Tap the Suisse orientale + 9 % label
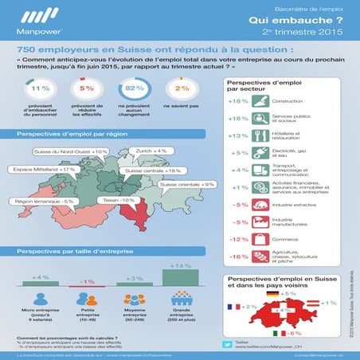click(x=187, y=185)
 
